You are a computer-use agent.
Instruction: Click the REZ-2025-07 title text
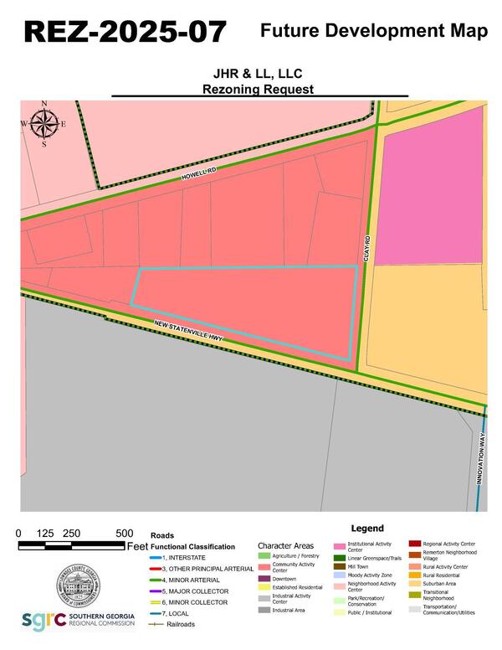coord(125,31)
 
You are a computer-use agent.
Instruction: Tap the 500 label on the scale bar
coord(124,534)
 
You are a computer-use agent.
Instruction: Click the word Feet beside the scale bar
coord(138,546)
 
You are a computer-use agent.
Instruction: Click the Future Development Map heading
coord(373,31)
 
